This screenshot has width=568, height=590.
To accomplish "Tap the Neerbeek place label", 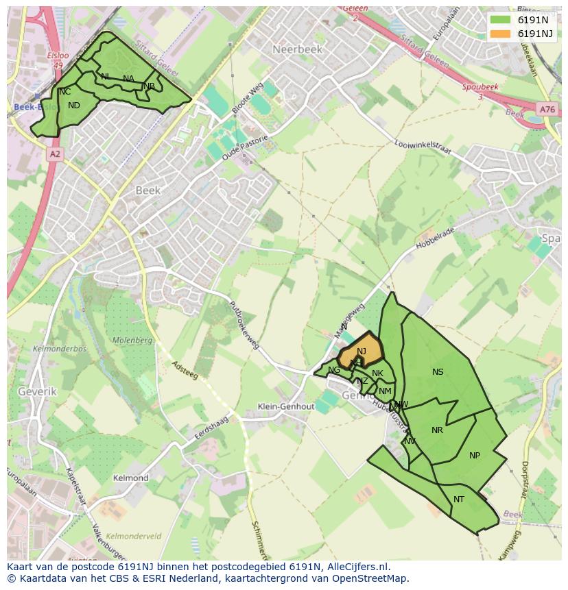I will pos(297,49).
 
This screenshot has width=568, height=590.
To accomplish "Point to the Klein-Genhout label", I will pos(286,406).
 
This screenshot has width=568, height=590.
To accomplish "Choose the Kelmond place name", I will pos(130,478).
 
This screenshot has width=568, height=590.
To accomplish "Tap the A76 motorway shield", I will pos(547,110).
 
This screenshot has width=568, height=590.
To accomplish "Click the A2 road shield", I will pos(55,155).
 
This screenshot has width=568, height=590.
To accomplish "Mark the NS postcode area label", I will pos(438,372).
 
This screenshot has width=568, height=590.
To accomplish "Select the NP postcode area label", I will pos(475,456).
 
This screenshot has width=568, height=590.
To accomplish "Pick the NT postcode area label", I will pos(459,500).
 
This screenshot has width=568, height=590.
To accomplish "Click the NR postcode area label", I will pos(437,430).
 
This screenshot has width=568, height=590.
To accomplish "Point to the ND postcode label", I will pos(74,106).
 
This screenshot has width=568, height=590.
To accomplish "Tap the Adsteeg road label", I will pos(185,372).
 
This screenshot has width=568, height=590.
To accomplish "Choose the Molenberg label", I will pos(132,340).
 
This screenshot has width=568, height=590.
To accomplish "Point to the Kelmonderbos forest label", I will pos(59,349).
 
